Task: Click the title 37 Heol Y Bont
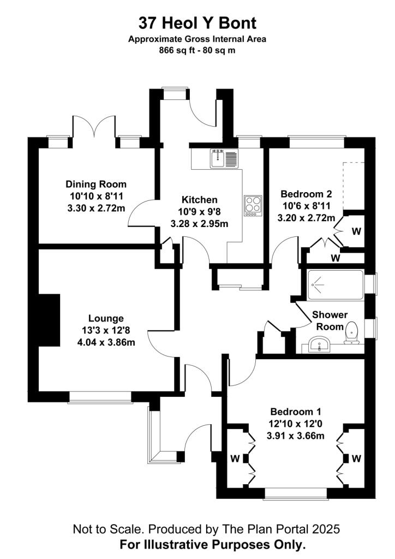tap(197, 23)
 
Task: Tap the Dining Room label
tap(96, 185)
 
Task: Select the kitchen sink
tap(217, 158)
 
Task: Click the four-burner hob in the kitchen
tap(253, 205)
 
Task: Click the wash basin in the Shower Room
tap(319, 345)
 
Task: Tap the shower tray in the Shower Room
tap(336, 285)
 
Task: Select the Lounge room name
tap(106, 318)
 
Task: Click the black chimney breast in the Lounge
tap(49, 320)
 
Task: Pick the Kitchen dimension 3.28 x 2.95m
tap(199, 224)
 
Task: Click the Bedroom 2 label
tap(306, 194)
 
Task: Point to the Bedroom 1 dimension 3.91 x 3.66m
tap(296, 436)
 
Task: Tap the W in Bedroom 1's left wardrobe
tap(235, 459)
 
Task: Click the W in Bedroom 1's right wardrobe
tap(356, 459)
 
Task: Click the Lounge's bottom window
tap(100, 397)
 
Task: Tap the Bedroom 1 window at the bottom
tap(296, 493)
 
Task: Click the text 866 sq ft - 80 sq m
tap(197, 50)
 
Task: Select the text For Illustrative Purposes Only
tap(213, 545)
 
